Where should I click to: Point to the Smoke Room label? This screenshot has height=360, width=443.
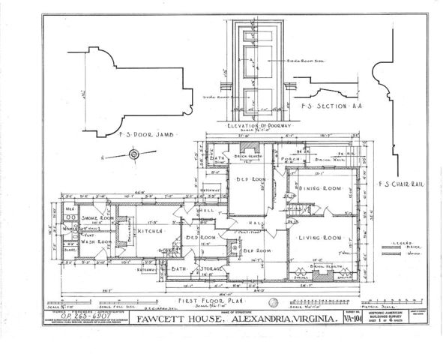tap(90, 214)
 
